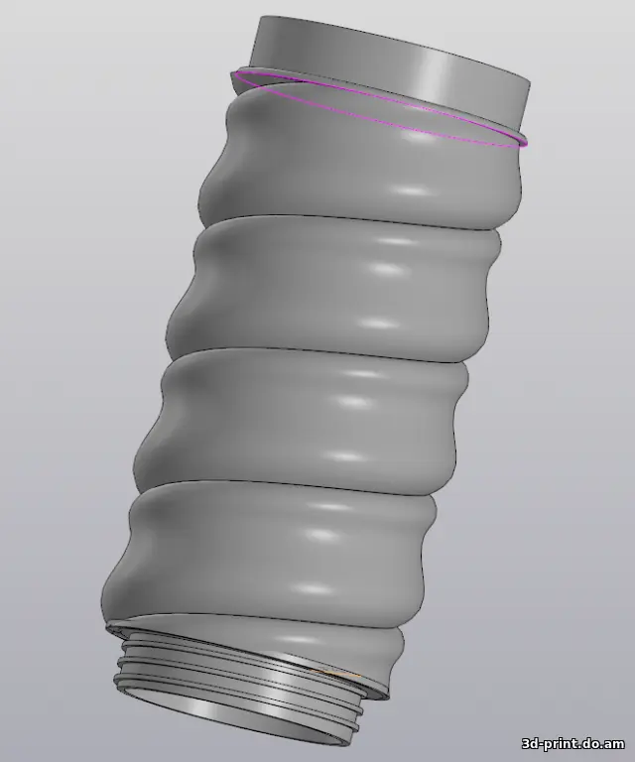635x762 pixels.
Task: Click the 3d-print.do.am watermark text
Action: [x=573, y=743]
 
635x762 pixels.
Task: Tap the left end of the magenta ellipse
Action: [x=235, y=74]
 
